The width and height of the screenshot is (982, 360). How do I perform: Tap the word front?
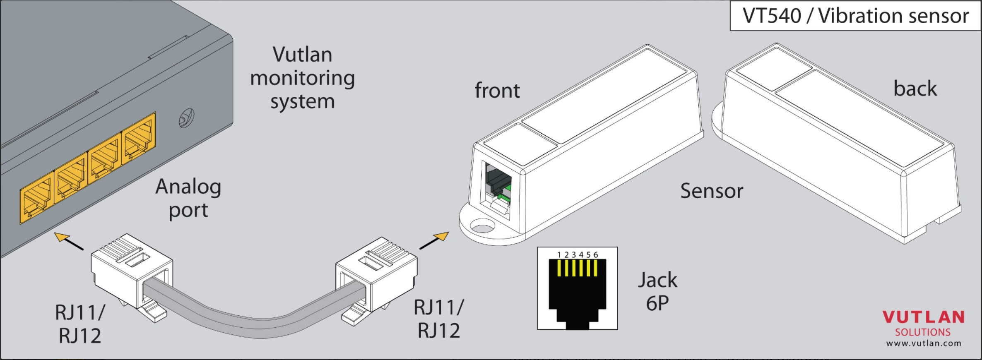point(497,90)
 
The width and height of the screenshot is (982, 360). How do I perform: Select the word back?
point(915,88)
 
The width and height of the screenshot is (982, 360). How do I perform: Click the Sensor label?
point(712,191)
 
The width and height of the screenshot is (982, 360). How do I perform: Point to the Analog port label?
point(188,198)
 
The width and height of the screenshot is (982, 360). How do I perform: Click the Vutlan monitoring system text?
point(302,78)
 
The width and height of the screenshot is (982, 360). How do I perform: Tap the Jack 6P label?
point(657,291)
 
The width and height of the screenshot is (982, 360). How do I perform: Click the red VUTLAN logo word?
point(923,317)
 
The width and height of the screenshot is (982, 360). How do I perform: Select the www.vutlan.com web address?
point(924,343)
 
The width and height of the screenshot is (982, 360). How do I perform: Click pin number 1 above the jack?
point(559,255)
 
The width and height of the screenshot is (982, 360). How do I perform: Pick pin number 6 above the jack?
point(596,255)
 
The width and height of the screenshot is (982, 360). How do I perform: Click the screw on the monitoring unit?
point(186,118)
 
